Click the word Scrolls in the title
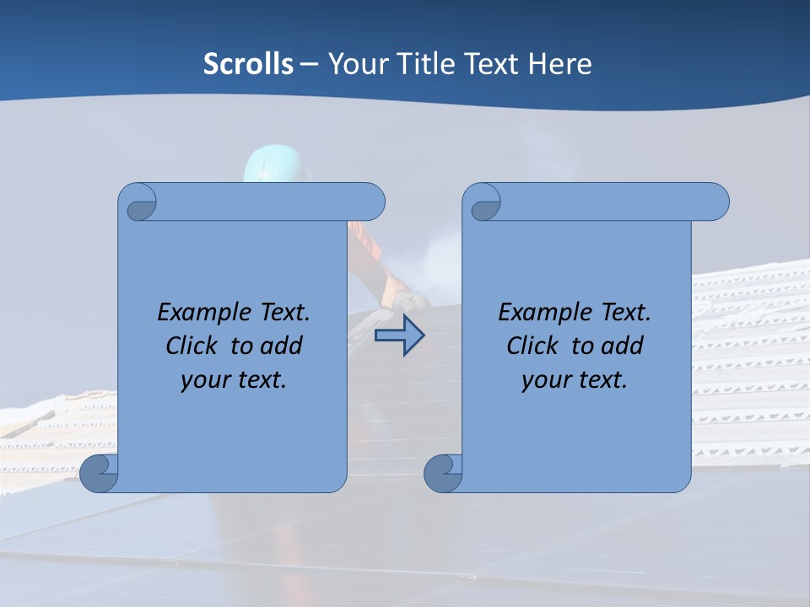pos(248,64)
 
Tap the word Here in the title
pos(559,64)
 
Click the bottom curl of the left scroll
pos(99,474)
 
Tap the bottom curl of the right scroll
pos(443,474)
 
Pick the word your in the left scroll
pos(202,380)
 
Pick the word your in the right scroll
pos(543,380)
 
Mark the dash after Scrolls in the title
pos(309,64)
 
